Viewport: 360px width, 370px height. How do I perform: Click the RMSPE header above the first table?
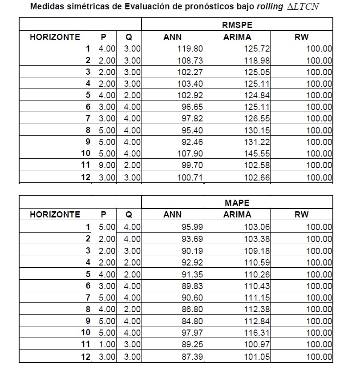pos(237,25)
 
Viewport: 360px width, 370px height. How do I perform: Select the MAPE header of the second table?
pos(237,203)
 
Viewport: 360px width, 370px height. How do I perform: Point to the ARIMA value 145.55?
pos(257,154)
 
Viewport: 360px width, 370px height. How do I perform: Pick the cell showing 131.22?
pos(257,142)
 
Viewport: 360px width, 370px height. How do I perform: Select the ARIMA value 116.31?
pos(257,332)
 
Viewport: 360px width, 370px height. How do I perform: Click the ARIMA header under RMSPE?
pos(237,37)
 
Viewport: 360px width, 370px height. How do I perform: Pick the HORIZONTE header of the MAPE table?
pos(55,214)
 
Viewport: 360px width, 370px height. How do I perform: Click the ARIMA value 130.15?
pos(257,130)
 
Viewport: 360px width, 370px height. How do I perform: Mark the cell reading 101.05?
pos(257,356)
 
